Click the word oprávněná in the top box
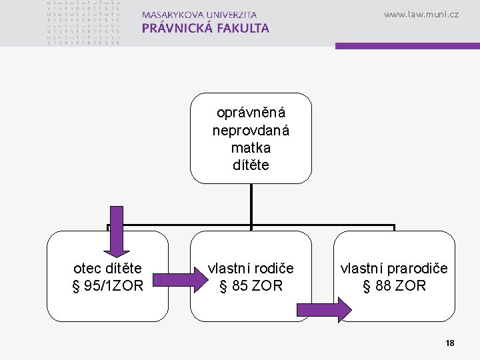[x=251, y=113]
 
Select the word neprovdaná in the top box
[x=251, y=130]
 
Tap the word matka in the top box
[x=251, y=147]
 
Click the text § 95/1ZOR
[x=108, y=286]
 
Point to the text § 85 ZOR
[x=251, y=286]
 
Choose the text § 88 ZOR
[x=394, y=286]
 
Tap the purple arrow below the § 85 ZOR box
[x=323, y=310]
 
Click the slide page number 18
[x=450, y=343]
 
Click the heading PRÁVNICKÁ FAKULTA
[x=205, y=28]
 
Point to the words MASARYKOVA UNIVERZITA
[x=199, y=14]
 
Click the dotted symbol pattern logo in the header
[x=84, y=22]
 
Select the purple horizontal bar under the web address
[x=407, y=46]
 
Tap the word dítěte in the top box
[x=251, y=164]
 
